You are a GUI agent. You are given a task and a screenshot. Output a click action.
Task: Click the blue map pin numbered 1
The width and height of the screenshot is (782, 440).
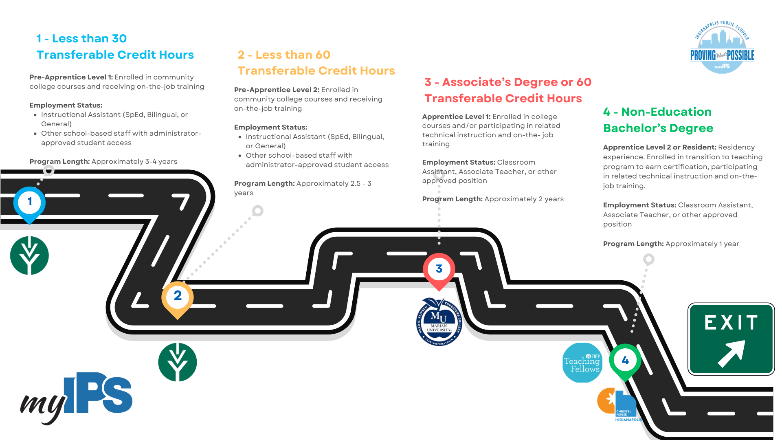pos(29,202)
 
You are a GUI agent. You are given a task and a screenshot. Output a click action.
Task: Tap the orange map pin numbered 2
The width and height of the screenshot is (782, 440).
pos(178,297)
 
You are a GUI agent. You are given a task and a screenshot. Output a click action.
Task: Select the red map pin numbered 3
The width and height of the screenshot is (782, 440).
pos(439,270)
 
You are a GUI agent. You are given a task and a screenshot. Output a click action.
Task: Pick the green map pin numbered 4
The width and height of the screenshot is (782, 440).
pos(625,361)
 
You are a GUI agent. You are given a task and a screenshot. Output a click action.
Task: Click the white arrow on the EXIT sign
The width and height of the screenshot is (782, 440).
pos(731,353)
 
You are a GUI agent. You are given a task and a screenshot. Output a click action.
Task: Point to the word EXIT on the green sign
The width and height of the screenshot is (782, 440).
pos(731,323)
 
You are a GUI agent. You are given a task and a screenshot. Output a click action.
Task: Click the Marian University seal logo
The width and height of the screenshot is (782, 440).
pos(439,322)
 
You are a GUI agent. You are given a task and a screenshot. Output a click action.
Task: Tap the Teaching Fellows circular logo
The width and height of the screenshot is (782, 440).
pos(582,363)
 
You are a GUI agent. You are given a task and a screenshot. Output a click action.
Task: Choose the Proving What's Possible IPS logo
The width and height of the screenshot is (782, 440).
pos(722,47)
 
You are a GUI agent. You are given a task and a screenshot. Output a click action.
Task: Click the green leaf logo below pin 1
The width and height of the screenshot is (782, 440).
pos(29,255)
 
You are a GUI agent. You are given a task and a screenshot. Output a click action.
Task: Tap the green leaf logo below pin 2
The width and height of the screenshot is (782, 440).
pos(178,362)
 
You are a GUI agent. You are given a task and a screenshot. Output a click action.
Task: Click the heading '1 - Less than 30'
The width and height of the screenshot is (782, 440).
pos(81,39)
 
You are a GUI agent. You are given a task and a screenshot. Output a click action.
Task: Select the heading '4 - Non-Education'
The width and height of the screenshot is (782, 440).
pos(657,112)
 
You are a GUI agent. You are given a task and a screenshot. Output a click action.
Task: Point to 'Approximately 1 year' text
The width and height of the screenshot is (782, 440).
pos(702,244)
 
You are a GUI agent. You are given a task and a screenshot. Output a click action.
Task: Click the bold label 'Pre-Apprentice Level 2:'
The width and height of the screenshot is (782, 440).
pos(277,90)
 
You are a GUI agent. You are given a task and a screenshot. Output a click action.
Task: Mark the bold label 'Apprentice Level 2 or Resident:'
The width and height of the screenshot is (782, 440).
pos(659,147)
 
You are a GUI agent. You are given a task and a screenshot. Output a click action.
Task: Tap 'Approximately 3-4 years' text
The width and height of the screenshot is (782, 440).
pos(134,162)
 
